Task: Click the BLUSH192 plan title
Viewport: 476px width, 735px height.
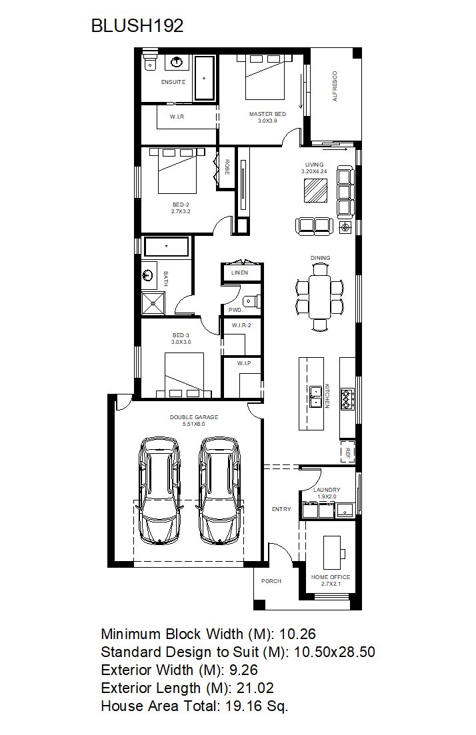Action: pos(137,25)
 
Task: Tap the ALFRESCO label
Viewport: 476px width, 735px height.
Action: pos(335,86)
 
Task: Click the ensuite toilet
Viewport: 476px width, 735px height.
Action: pos(150,61)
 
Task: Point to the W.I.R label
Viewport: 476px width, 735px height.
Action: pos(177,116)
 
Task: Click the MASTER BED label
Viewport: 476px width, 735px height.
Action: pos(267,114)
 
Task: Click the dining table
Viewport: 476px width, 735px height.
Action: pos(320,297)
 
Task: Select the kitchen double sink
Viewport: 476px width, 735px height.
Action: pos(315,396)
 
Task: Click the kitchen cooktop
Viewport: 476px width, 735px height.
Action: pos(347,398)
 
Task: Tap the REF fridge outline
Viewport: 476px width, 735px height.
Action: pos(347,452)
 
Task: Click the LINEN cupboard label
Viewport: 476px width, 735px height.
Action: pos(239,273)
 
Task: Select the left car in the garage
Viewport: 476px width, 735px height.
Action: pos(161,491)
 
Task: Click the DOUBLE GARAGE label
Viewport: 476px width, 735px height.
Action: pos(194,416)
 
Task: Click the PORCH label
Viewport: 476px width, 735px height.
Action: pos(271,581)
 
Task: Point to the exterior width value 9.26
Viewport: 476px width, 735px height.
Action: pos(243,670)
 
